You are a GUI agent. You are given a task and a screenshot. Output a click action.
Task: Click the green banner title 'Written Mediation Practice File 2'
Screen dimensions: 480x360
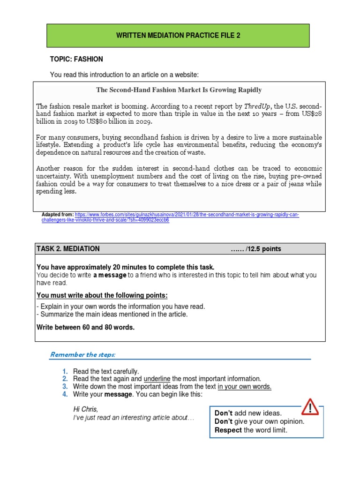tap(179, 36)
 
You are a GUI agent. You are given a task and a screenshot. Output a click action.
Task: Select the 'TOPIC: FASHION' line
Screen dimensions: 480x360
tap(76, 60)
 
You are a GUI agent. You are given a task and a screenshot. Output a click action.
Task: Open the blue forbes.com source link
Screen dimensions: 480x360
tap(187, 215)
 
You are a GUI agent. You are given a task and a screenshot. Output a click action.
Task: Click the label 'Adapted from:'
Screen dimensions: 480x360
tap(58, 215)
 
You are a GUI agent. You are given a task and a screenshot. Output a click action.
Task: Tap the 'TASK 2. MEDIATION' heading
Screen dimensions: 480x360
tap(68, 249)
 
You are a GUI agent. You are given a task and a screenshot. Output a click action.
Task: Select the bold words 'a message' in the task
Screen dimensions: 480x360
tap(110, 275)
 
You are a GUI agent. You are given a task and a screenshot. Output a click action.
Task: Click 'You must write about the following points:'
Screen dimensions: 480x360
tap(102, 295)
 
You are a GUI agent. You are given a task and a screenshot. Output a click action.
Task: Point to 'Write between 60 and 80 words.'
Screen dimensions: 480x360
tap(85, 327)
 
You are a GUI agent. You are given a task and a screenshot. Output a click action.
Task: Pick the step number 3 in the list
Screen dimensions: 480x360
tap(65, 387)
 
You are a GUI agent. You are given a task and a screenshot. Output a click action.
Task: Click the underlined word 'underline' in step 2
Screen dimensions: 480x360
tap(157, 379)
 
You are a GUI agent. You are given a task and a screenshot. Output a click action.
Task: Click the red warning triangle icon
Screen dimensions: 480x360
tap(310, 406)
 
